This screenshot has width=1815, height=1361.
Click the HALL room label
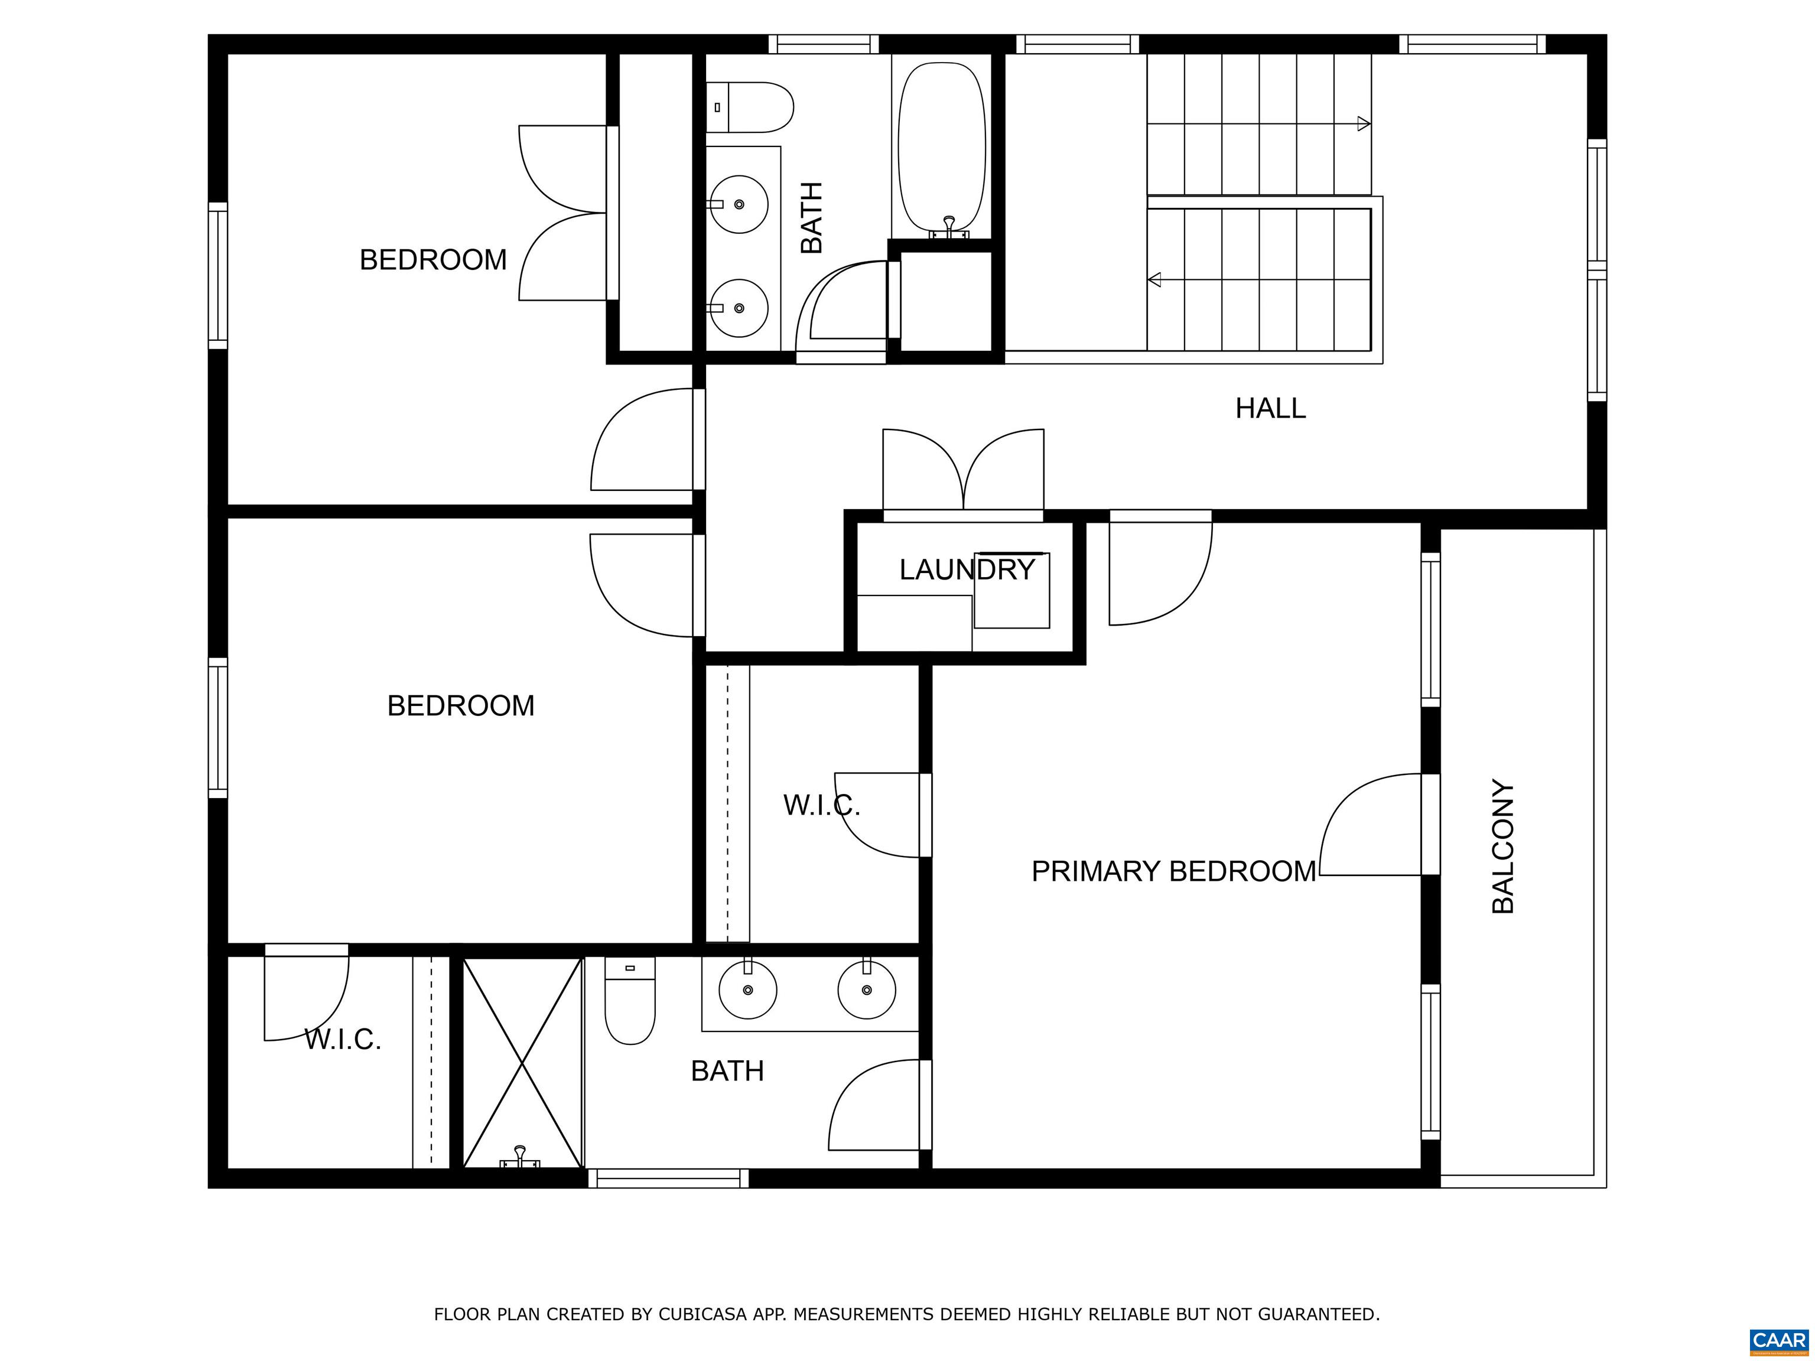1270,408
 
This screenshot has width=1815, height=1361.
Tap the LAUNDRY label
967,569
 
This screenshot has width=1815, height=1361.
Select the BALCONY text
1502,846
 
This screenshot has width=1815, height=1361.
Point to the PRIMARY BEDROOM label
1173,871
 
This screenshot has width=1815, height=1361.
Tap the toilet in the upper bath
749,108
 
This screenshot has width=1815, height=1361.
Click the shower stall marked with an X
523,1062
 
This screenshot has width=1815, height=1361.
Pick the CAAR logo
1778,1340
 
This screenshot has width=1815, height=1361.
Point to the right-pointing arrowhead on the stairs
1364,124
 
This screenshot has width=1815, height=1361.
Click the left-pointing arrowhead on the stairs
1154,280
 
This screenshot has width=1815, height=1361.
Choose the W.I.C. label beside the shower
343,1040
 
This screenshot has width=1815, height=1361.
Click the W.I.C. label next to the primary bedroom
821,806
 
